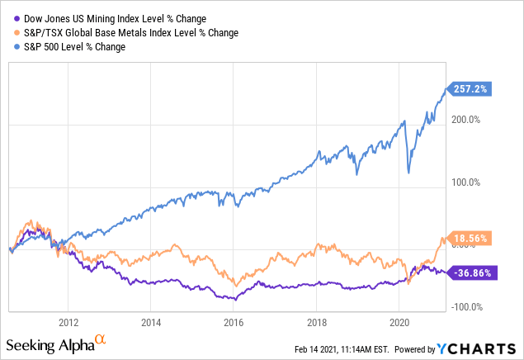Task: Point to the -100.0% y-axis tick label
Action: pos(467,307)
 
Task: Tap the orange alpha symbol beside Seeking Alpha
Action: pos(101,340)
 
